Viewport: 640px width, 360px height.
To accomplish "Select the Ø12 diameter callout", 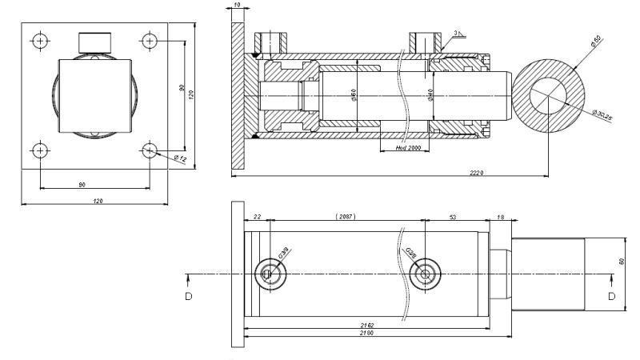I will point(181,158).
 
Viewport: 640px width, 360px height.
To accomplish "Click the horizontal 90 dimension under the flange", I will point(82,185).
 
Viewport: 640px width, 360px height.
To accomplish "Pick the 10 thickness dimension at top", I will point(238,6).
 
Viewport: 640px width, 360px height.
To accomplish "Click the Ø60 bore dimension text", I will point(354,96).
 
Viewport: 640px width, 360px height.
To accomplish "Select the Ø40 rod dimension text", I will point(430,95).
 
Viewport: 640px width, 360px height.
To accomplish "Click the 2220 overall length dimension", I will point(477,172).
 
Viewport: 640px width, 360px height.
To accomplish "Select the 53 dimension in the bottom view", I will point(453,217).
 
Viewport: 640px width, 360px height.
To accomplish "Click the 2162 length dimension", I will point(367,325).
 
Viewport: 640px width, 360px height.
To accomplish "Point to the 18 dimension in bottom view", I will point(501,217).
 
